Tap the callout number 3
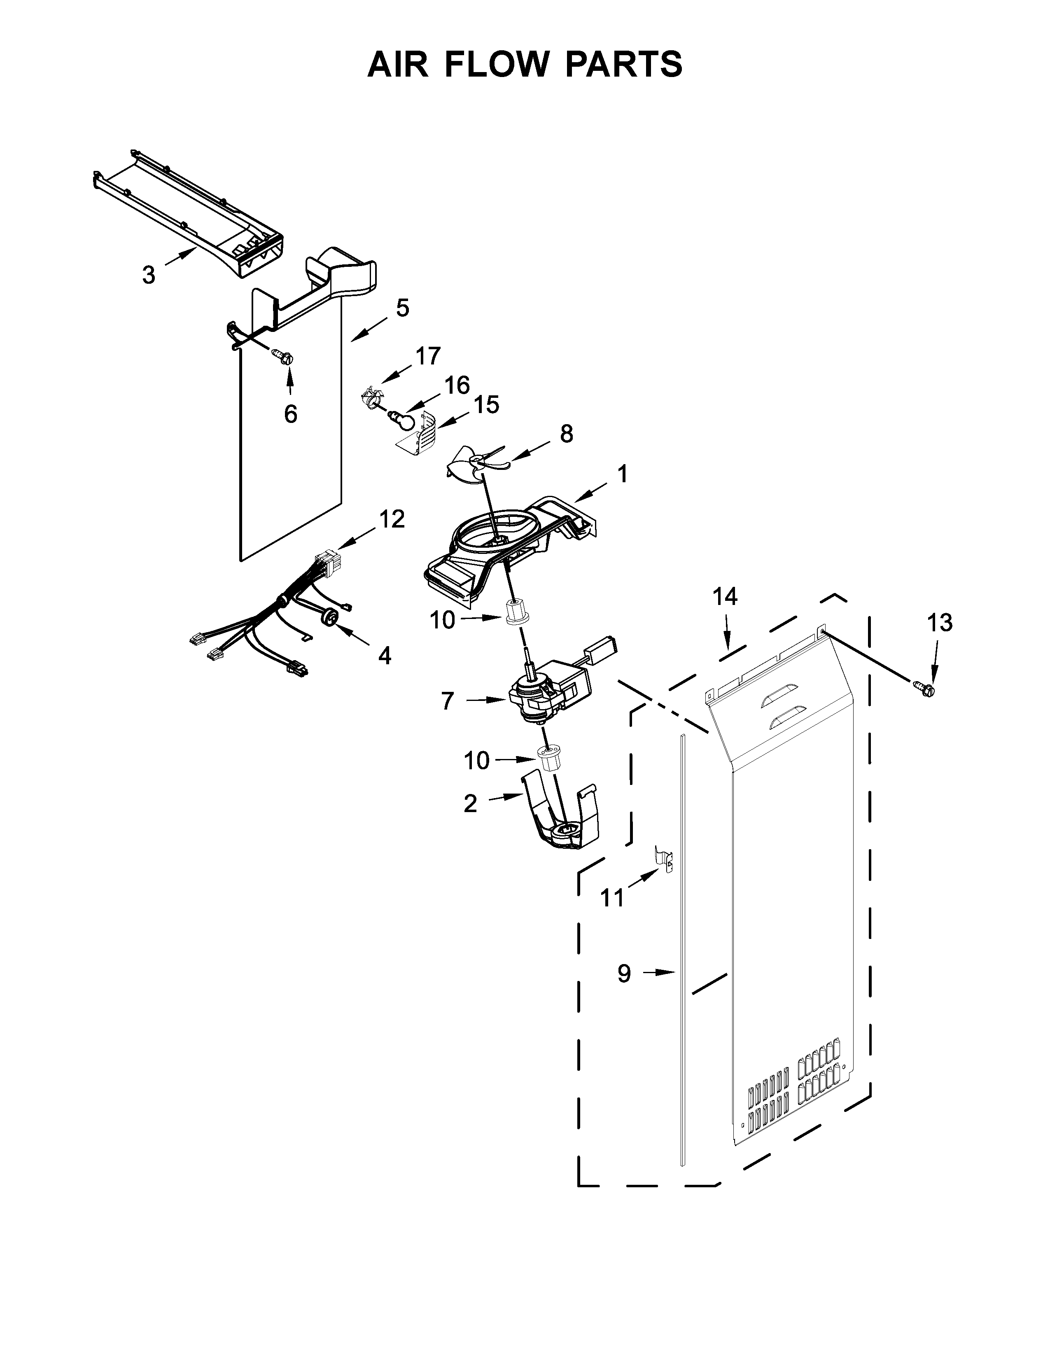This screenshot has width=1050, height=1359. (x=148, y=274)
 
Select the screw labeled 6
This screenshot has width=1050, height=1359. (x=283, y=357)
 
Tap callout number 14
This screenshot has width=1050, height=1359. (x=725, y=597)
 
